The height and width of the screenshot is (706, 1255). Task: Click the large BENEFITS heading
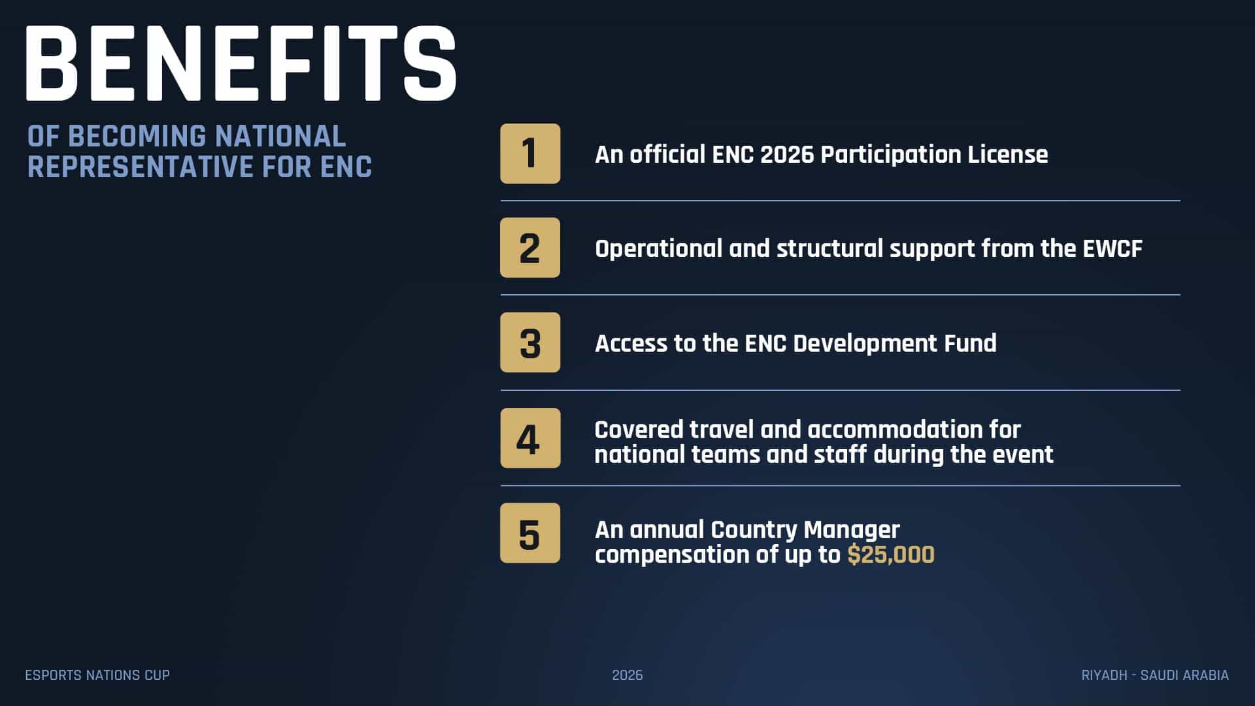point(241,63)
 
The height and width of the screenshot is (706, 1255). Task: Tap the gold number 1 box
point(530,154)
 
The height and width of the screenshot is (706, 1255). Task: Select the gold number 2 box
point(530,248)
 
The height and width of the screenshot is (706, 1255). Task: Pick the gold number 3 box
point(530,343)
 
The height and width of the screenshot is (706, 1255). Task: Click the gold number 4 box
point(530,438)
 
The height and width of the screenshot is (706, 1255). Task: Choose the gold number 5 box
point(530,533)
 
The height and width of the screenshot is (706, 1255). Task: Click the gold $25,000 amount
point(891,554)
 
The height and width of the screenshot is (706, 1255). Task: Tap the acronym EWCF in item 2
point(1113,248)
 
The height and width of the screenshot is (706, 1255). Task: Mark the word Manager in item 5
point(852,530)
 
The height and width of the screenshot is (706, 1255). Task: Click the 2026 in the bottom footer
point(627,675)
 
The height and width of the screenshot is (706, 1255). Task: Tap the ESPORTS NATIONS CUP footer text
point(97,675)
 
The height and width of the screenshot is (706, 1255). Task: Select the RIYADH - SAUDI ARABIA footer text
point(1155,675)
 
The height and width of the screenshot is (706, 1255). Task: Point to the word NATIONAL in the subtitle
point(280,137)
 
